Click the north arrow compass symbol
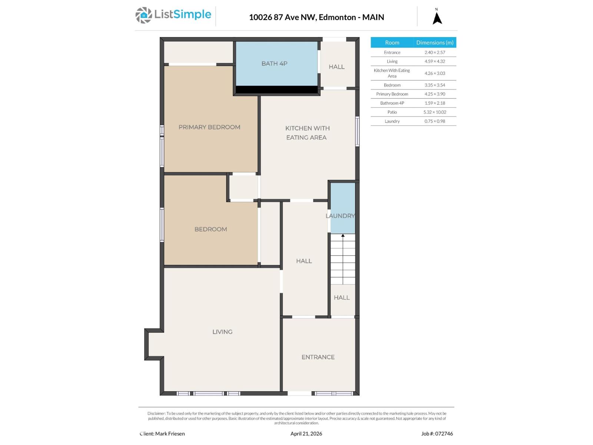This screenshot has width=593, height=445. coord(437,18)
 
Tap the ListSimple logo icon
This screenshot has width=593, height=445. coord(143,15)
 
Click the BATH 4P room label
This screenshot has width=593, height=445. coord(274,63)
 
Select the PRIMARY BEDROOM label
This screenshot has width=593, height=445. coord(209,127)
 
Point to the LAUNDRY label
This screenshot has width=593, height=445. coord(340,216)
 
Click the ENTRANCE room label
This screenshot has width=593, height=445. coord(318,357)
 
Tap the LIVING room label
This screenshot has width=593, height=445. coord(222,332)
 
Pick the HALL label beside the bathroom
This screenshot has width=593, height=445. coord(337,67)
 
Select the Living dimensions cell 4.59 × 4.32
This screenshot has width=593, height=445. coord(435,62)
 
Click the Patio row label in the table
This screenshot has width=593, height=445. coord(392,112)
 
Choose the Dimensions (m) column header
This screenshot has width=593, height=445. coord(435,43)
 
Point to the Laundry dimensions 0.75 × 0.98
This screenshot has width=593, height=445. coord(435,121)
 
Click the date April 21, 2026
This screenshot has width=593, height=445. coord(306,434)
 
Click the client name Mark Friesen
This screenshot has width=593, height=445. coord(170,434)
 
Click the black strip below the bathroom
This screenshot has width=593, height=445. coord(276,90)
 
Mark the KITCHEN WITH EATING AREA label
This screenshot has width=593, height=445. coord(307,133)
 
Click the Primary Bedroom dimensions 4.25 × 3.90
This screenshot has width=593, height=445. coord(435,94)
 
